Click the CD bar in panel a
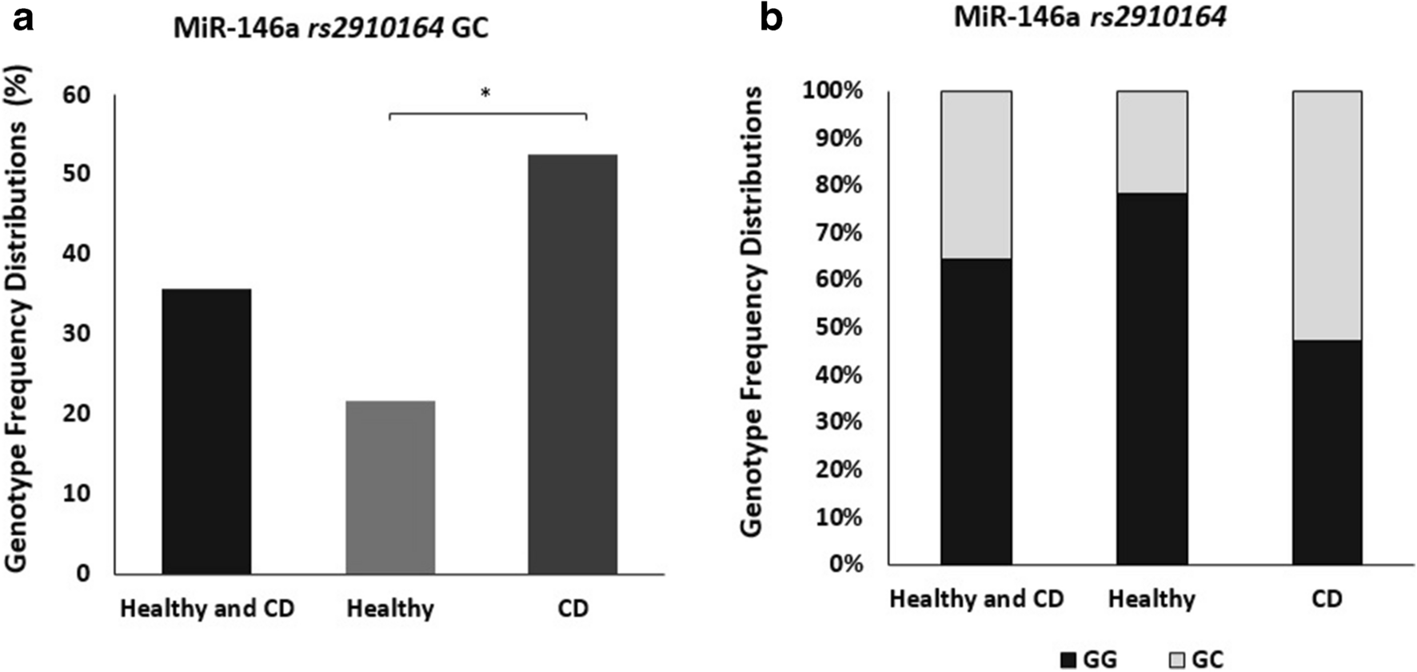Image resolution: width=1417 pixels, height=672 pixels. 573,364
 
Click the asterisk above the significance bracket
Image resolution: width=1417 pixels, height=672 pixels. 485,93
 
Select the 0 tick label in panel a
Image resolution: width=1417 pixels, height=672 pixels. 83,573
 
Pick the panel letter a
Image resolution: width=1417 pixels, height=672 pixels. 22,18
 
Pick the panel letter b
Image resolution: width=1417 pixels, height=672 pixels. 771,18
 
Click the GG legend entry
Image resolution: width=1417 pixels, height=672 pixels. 1088,659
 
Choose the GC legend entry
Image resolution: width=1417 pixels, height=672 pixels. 1196,659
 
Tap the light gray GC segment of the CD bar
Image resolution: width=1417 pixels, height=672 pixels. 1327,215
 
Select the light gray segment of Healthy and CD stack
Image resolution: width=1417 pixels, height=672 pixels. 976,174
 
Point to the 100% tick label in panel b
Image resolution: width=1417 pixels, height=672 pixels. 832,91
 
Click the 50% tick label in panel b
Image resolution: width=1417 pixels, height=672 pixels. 838,328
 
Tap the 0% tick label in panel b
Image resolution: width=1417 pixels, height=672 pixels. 843,564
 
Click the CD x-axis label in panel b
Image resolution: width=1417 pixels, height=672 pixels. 1327,598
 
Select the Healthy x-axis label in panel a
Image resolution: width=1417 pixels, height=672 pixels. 390,609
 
